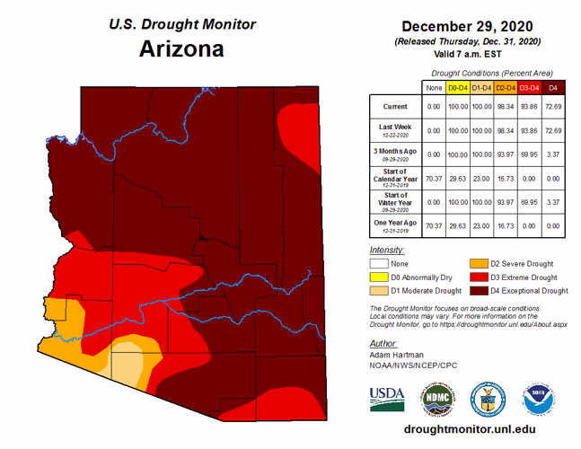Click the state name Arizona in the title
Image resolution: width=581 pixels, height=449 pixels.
pos(181,48)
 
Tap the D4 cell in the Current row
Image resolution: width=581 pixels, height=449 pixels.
pos(554,106)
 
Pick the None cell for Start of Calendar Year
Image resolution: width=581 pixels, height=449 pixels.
pos(433,179)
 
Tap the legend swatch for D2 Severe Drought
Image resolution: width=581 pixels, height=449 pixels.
pos(480,264)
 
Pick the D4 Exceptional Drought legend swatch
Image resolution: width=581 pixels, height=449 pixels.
pos(480,291)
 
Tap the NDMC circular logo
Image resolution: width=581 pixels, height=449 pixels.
pos(437,397)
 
